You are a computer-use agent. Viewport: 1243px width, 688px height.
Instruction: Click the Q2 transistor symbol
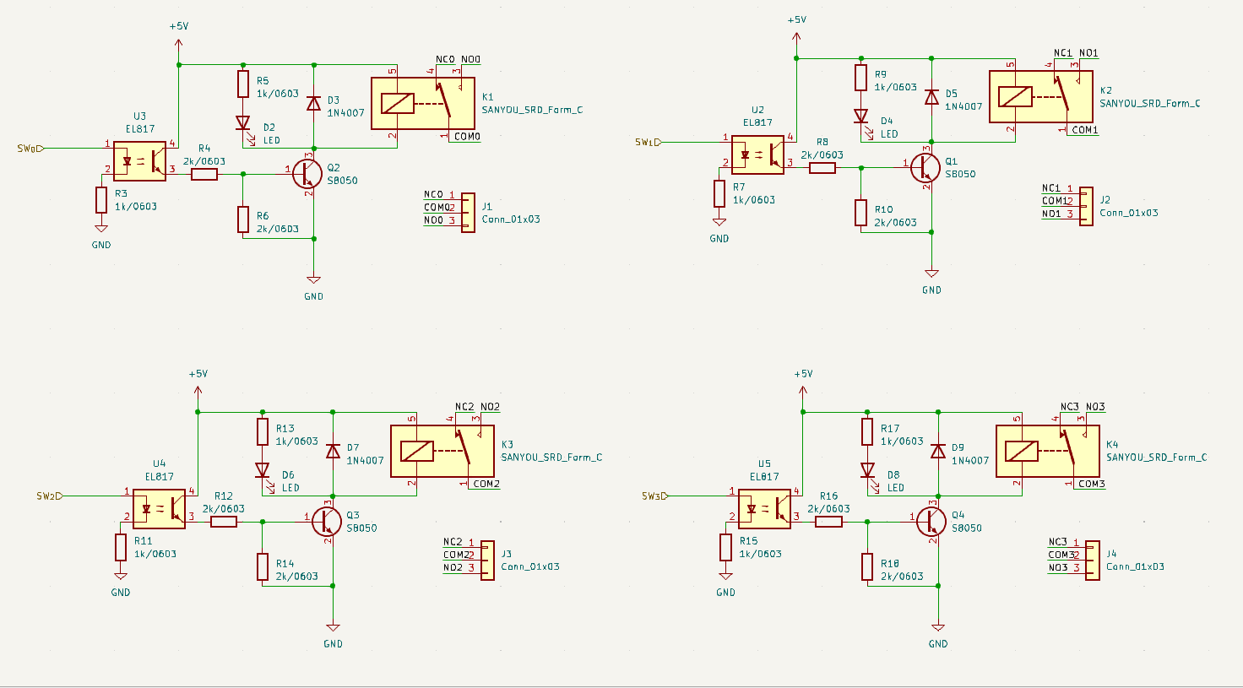click(x=307, y=174)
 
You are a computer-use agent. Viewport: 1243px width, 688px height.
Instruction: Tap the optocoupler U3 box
click(x=140, y=161)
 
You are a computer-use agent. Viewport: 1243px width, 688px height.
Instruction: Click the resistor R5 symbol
click(x=243, y=84)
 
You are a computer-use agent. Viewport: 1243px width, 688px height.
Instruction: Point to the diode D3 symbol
click(x=314, y=103)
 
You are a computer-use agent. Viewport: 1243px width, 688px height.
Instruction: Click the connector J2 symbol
click(x=1086, y=206)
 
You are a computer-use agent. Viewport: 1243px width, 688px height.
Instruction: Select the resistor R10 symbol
click(x=860, y=213)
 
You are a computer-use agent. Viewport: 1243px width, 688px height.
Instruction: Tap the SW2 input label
click(x=49, y=496)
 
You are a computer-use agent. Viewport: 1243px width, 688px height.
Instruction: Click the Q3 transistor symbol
click(x=326, y=522)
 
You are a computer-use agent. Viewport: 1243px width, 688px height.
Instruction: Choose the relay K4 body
click(x=1048, y=451)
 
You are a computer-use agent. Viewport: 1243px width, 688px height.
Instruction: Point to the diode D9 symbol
click(x=938, y=452)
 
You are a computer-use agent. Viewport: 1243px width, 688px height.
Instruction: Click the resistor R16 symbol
click(x=828, y=522)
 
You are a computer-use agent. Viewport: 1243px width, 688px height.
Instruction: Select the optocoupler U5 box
click(x=765, y=509)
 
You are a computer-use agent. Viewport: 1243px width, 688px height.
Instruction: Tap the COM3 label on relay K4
click(x=1092, y=484)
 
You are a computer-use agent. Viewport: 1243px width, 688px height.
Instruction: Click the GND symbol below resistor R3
click(x=101, y=228)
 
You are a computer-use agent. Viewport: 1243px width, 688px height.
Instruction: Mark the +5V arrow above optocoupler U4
click(x=198, y=391)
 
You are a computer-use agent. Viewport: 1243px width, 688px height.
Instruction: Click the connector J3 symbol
click(x=487, y=561)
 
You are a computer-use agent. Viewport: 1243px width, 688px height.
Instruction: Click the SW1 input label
click(x=649, y=142)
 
